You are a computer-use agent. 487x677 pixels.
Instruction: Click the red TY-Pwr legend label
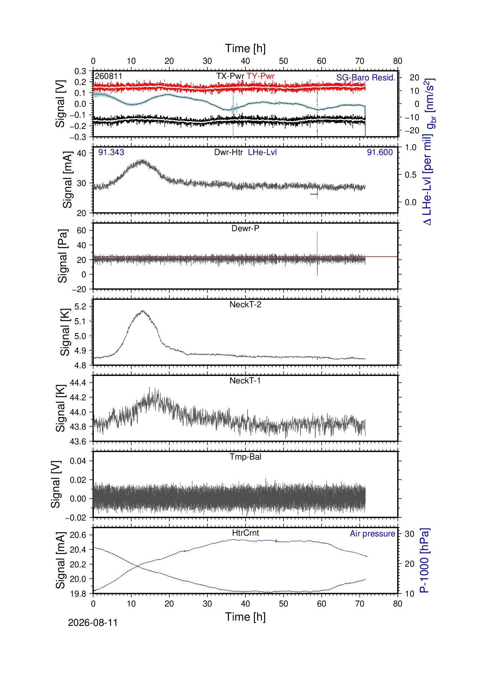[x=261, y=76]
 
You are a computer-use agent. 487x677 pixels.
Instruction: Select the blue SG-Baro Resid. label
[x=366, y=78]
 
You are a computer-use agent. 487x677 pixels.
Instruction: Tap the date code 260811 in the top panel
[x=109, y=76]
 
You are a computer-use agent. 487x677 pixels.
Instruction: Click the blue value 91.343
[x=111, y=152]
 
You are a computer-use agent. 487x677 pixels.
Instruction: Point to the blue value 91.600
[x=380, y=152]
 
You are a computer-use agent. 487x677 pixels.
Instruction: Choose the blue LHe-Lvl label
[x=262, y=152]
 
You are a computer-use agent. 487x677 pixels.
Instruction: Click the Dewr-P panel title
[x=245, y=228]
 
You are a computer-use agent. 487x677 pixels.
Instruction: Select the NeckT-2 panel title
[x=245, y=304]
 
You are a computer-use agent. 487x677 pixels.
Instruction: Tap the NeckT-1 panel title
[x=245, y=381]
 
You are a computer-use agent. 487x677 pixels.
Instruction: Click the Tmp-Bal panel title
[x=245, y=457]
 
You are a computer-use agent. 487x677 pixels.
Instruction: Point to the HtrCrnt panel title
[x=245, y=533]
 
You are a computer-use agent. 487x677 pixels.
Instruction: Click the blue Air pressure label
[x=372, y=534]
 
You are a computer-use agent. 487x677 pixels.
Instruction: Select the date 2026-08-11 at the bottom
[x=93, y=623]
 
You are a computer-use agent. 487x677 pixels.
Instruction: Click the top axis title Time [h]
[x=245, y=48]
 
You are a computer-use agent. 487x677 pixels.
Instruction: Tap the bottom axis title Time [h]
[x=245, y=617]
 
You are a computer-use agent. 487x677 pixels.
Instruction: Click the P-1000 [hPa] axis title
[x=425, y=561]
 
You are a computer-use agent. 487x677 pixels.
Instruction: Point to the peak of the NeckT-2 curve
[x=143, y=311]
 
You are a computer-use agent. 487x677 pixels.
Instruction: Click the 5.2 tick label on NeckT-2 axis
[x=81, y=307]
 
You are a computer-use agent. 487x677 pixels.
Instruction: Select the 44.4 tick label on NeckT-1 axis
[x=78, y=383]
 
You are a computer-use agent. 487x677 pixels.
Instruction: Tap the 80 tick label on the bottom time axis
[x=398, y=604]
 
